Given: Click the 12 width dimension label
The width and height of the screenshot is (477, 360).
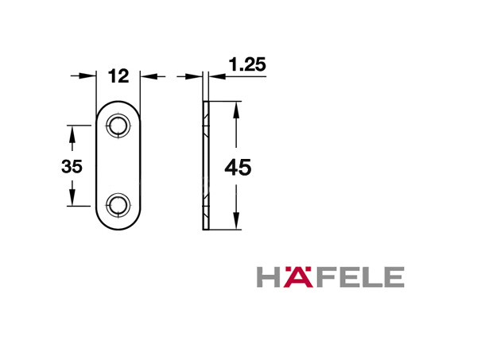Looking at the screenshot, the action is coord(118,76).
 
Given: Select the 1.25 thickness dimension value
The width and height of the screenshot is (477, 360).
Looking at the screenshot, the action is coord(247,64).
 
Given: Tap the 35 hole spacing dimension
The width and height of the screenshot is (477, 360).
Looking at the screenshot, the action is coord(72,167).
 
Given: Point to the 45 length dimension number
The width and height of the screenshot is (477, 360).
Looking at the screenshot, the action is coord(238,168).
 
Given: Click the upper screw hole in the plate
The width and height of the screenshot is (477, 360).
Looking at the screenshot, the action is coord(118,126).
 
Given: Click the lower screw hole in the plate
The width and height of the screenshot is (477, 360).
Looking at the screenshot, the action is coord(118,205).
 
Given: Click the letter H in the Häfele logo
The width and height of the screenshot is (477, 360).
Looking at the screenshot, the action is coord(269,277).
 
